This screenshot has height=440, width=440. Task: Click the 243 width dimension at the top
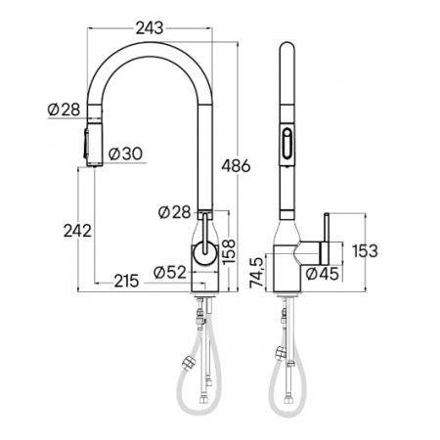tap(150, 28)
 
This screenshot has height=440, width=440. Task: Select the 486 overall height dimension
tap(236, 166)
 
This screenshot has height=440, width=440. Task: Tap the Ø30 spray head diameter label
tap(125, 154)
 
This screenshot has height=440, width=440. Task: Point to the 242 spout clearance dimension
tap(77, 231)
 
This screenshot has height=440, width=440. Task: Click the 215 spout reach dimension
tap(126, 281)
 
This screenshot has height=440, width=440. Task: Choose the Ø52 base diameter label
tap(170, 272)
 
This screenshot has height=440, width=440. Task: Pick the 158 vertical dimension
tap(229, 251)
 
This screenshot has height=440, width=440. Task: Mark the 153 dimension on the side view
tap(365, 250)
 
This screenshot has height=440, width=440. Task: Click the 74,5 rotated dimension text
tap(256, 273)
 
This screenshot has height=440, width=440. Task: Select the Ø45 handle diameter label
tap(323, 274)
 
